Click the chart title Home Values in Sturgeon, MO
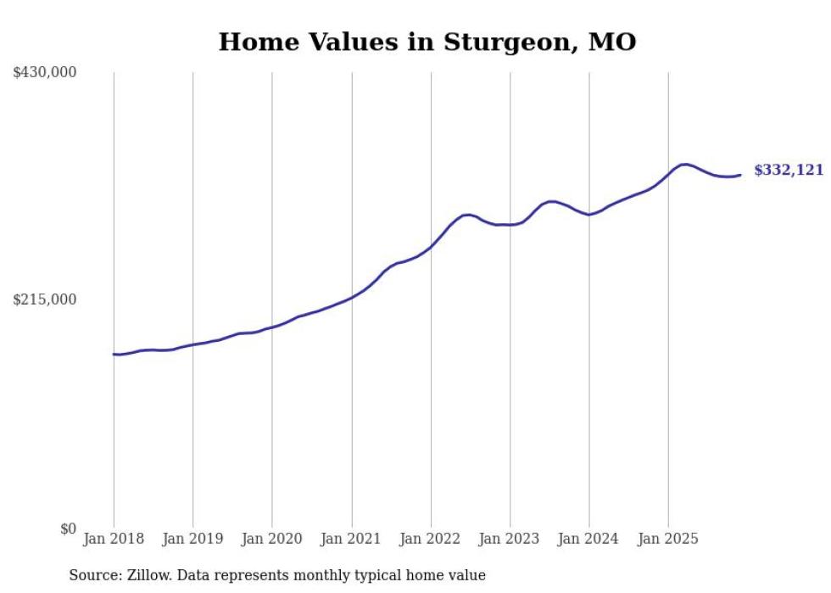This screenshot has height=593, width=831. [427, 42]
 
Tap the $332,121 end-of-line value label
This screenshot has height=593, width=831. [789, 171]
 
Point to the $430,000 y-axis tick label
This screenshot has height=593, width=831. [45, 73]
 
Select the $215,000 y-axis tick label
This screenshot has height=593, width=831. [45, 299]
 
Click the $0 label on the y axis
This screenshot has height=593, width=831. [68, 529]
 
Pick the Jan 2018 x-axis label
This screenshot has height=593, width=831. [114, 539]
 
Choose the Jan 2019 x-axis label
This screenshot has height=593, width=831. [192, 539]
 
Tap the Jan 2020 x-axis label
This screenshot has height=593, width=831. [272, 539]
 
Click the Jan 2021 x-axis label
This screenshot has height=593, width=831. [351, 539]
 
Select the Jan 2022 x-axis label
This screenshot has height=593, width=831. [431, 539]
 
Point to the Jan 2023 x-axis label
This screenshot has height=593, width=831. [510, 539]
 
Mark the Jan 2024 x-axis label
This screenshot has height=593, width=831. [589, 539]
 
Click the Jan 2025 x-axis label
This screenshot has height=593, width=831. [668, 539]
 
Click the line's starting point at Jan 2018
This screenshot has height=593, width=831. [114, 354]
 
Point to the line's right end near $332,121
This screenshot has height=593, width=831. [741, 175]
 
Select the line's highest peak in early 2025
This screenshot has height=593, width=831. [684, 164]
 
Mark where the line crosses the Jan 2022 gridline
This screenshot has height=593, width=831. [431, 246]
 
